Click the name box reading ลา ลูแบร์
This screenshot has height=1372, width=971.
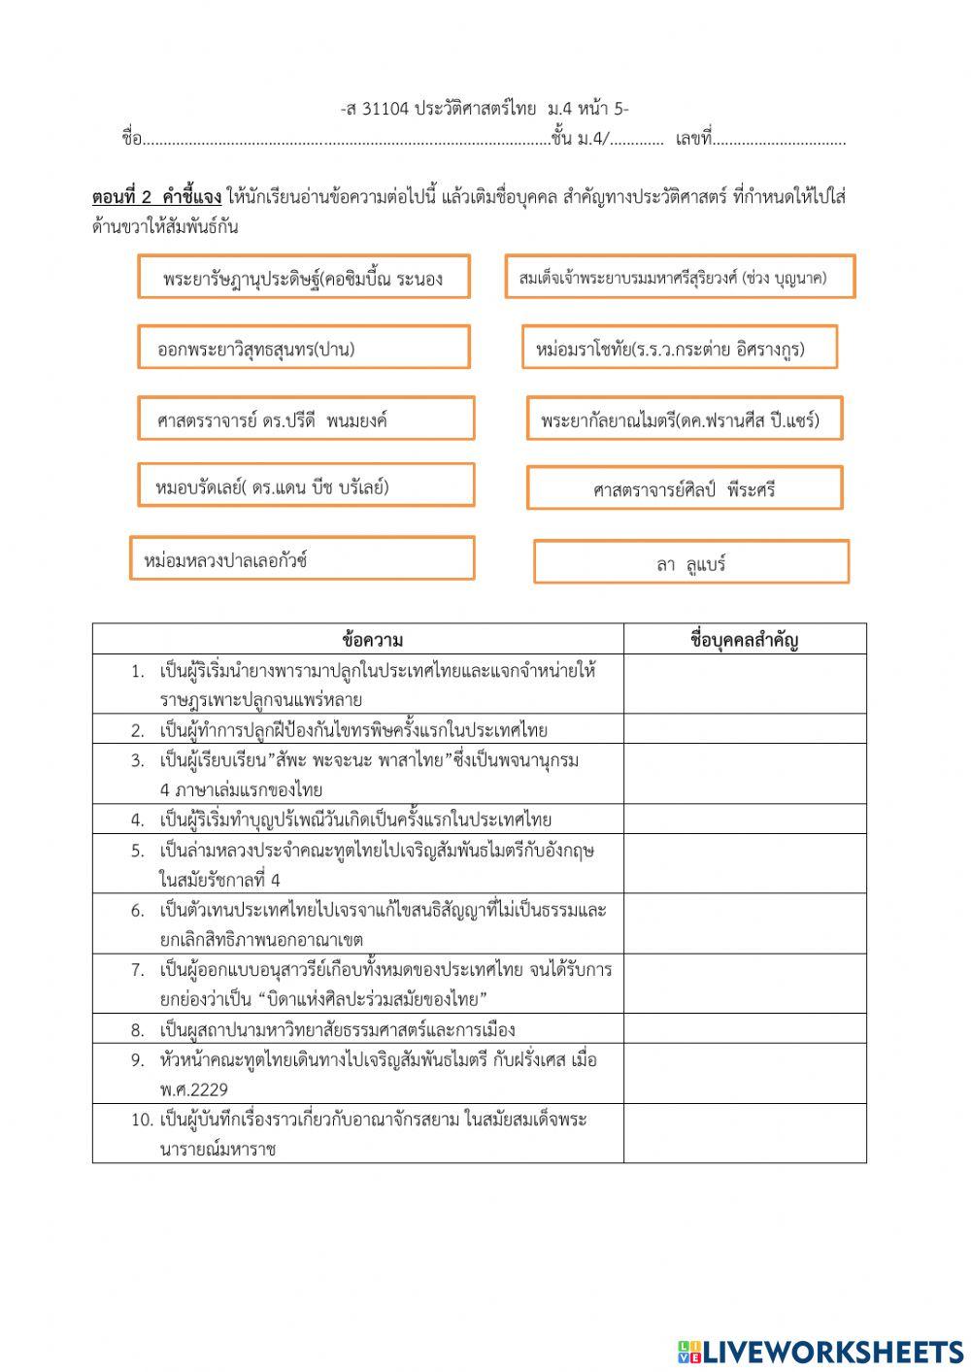690,562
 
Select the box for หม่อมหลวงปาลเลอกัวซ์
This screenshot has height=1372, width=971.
302,559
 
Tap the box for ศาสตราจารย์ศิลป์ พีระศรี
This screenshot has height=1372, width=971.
685,488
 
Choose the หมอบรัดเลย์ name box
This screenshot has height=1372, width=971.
306,485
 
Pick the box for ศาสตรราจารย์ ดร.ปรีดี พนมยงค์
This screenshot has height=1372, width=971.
306,418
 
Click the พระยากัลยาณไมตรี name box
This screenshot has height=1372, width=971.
685,418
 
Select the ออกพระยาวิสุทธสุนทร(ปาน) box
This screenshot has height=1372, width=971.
303,348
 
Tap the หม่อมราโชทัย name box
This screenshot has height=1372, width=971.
679,348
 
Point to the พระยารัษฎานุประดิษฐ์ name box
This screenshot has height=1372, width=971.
303,278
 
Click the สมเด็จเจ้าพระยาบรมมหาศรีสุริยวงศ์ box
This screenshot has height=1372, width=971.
680,278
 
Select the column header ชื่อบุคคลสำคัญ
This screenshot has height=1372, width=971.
744,639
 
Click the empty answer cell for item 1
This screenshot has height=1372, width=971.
744,685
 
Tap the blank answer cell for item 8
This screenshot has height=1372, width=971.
744,1029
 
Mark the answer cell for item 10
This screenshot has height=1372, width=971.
744,1133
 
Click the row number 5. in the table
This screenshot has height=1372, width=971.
138,851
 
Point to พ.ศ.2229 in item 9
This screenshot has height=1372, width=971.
194,1089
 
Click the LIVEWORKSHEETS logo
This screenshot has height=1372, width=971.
820,1351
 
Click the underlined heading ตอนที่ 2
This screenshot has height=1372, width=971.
123,197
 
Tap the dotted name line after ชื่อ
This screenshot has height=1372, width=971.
345,140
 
